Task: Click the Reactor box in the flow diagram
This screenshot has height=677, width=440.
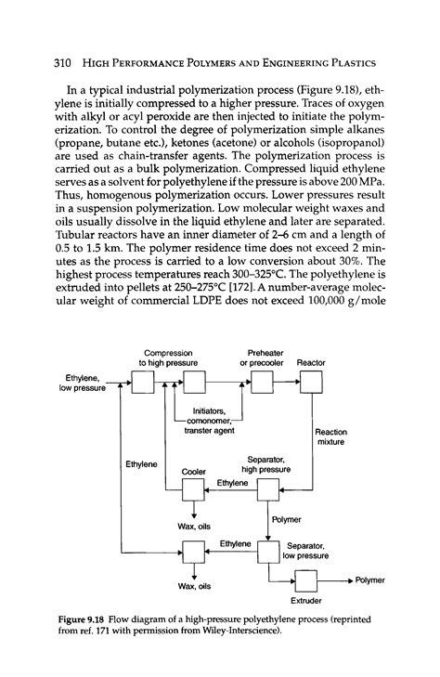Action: coord(305,383)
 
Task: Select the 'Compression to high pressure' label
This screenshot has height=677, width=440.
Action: coord(166,358)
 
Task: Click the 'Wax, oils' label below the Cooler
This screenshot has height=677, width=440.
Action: coord(193,527)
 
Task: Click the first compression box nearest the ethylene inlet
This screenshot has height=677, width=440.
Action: coord(141,383)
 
